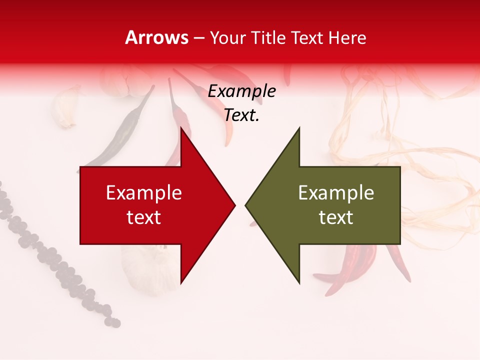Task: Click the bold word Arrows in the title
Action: coord(156,37)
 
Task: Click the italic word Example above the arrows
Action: coord(241,91)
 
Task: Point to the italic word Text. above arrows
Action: coord(241,115)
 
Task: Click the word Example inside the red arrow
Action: coord(144,193)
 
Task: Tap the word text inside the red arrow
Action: coord(144,217)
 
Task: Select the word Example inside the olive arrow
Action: coord(336,193)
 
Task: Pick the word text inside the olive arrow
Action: coord(336,217)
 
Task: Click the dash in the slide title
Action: coord(198,37)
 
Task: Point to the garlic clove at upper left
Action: coord(67,107)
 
